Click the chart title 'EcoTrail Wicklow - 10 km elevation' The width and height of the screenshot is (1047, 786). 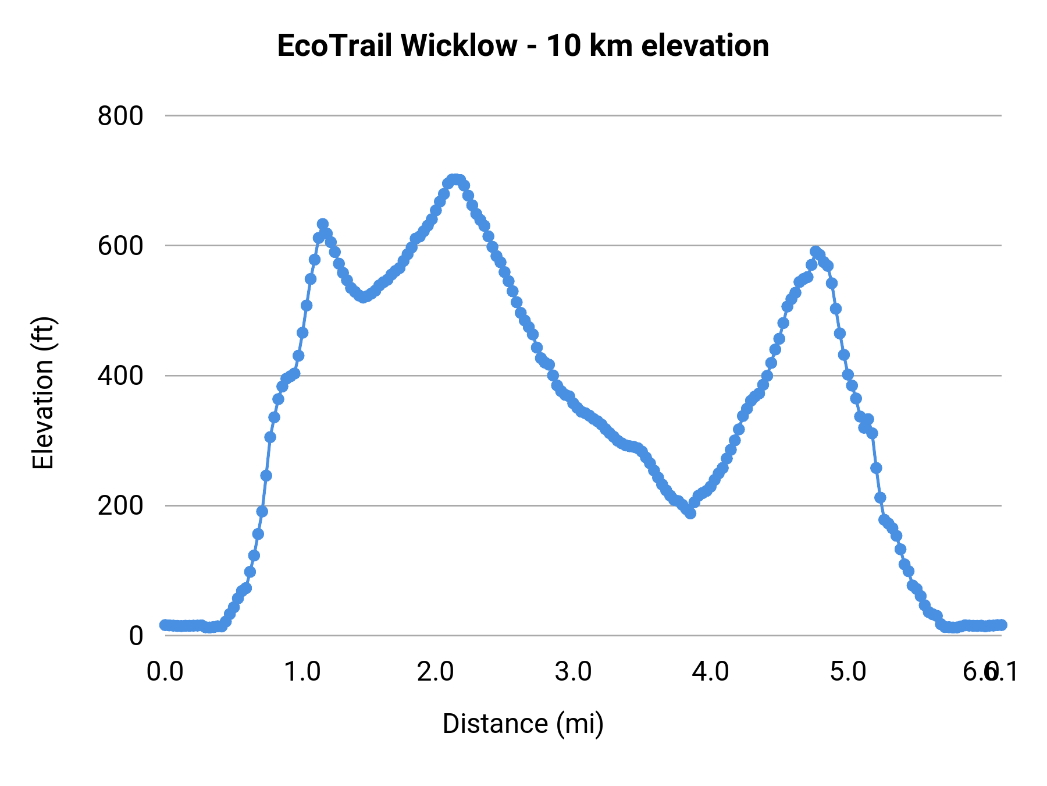coord(523,46)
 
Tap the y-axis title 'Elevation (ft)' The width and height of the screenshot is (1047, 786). coord(43,393)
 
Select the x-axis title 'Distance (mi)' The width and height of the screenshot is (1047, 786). coord(523,724)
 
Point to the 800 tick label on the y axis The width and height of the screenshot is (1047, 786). coord(120,116)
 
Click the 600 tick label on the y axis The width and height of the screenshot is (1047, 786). coord(120,246)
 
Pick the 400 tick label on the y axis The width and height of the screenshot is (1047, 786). coord(120,376)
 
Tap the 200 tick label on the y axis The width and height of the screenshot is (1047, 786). coord(120,505)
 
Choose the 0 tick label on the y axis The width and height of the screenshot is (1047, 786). coord(136,635)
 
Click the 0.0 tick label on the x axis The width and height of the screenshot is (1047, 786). coord(165,672)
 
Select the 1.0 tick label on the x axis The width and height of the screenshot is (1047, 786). coord(302,672)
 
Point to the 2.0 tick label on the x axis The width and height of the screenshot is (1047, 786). coord(436,672)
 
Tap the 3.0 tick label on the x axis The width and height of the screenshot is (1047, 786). coord(574,672)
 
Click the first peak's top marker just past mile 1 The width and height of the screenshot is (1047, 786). coord(323,224)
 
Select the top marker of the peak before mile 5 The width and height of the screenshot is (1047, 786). coord(815,252)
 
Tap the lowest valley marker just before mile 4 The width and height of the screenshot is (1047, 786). coord(690,513)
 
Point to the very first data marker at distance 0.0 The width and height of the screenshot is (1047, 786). coord(165,625)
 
